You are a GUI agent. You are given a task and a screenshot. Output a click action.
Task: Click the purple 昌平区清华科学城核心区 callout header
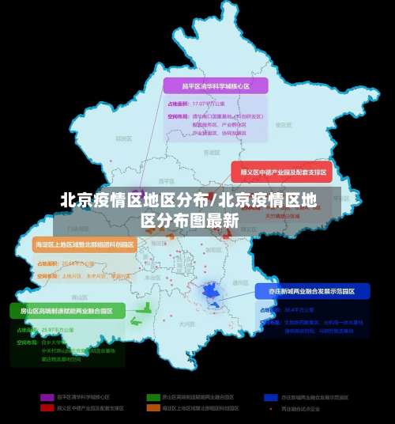tap(215, 85)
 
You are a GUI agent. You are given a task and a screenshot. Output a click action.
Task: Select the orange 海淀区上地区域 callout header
tap(85, 245)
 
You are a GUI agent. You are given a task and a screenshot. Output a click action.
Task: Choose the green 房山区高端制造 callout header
tap(67, 310)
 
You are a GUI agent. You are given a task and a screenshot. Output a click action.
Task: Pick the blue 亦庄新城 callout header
tap(312, 291)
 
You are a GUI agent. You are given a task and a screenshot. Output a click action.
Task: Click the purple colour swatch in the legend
tap(45, 396)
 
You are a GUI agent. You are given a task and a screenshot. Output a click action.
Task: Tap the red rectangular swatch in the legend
tap(45, 408)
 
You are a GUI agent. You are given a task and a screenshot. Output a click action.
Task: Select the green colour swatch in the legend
tap(152, 396)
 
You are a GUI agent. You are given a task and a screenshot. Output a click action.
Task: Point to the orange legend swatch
tap(152, 408)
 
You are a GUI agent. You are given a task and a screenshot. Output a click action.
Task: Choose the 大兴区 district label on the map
tap(186, 324)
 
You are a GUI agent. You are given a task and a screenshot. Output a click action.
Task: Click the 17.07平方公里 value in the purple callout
tap(209, 104)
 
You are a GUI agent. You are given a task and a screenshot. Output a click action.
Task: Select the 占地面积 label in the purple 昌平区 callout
tap(179, 104)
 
